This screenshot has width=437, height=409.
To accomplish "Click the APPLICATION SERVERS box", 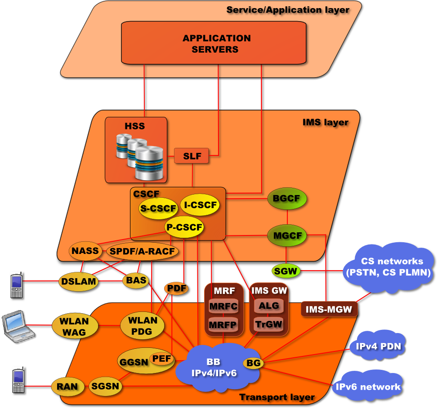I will (x=216, y=44).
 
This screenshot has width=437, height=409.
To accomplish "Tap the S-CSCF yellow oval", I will (x=158, y=209).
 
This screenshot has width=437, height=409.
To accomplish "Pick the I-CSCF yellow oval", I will (x=200, y=205).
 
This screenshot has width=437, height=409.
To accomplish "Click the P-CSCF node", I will (x=183, y=227).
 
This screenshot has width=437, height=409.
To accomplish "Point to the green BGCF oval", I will (x=287, y=198).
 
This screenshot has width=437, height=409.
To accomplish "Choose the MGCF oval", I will (x=287, y=235).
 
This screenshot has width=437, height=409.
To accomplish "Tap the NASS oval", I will (x=85, y=251).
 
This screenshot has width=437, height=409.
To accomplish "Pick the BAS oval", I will (x=136, y=280).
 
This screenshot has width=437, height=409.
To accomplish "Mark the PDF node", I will (x=176, y=289).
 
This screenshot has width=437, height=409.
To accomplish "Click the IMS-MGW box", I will (x=329, y=309).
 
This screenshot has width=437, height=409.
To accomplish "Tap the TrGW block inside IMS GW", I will (x=268, y=324).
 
